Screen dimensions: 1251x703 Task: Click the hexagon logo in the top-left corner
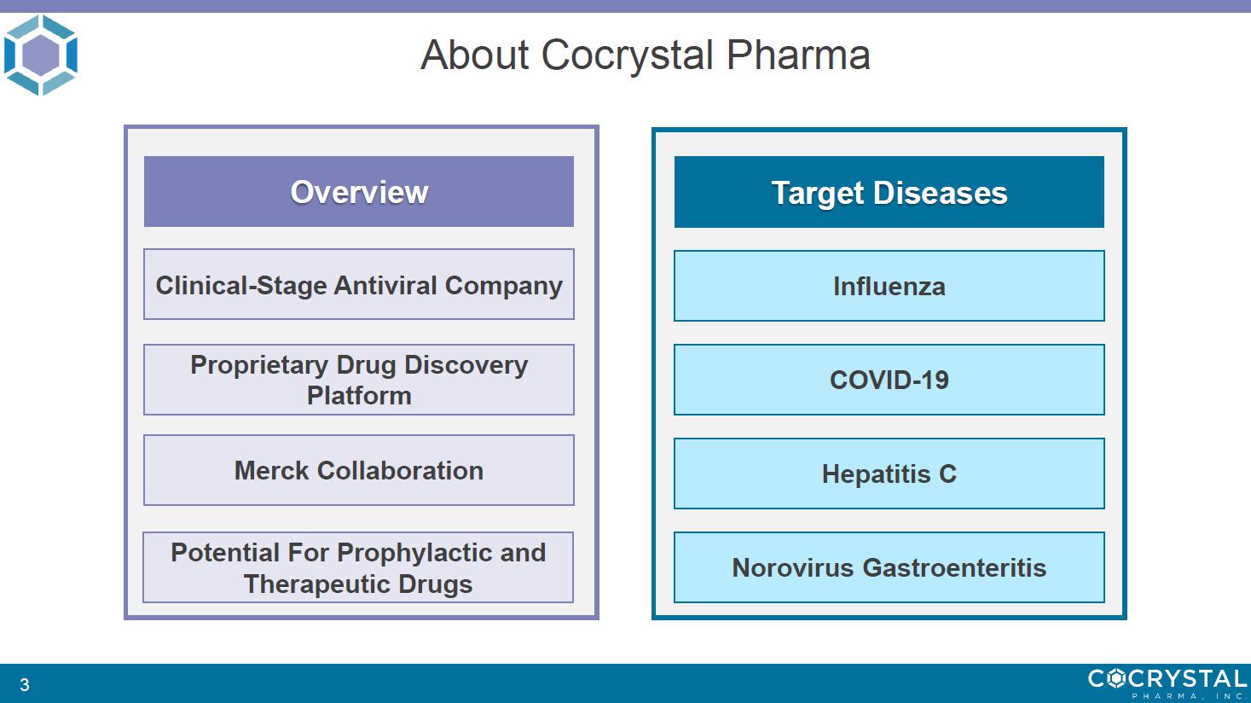pyautogui.click(x=40, y=55)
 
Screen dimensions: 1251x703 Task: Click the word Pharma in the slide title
pyautogui.click(x=798, y=55)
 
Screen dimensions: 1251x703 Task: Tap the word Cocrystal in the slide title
pyautogui.click(x=628, y=56)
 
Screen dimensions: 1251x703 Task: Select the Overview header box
pyautogui.click(x=358, y=192)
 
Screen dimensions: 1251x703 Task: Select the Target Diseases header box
pyautogui.click(x=889, y=192)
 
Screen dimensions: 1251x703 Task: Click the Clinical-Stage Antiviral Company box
pyautogui.click(x=358, y=284)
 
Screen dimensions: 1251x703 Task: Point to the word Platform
pyautogui.click(x=359, y=396)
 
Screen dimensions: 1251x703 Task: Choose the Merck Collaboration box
pyautogui.click(x=358, y=471)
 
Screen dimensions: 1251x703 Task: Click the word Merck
pyautogui.click(x=271, y=471)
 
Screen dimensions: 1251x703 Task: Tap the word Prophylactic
pyautogui.click(x=415, y=553)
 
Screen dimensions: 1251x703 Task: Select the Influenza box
pyautogui.click(x=889, y=286)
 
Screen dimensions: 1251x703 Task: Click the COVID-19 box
pyautogui.click(x=889, y=380)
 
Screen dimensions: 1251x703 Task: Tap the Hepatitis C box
pyautogui.click(x=889, y=474)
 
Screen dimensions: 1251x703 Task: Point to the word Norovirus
pyautogui.click(x=793, y=567)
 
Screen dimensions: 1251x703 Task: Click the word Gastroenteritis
pyautogui.click(x=954, y=567)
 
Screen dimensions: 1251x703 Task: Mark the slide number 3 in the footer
pyautogui.click(x=25, y=684)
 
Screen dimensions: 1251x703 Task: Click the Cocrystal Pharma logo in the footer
pyautogui.click(x=1167, y=683)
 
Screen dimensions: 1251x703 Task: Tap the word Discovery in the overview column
pyautogui.click(x=466, y=365)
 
